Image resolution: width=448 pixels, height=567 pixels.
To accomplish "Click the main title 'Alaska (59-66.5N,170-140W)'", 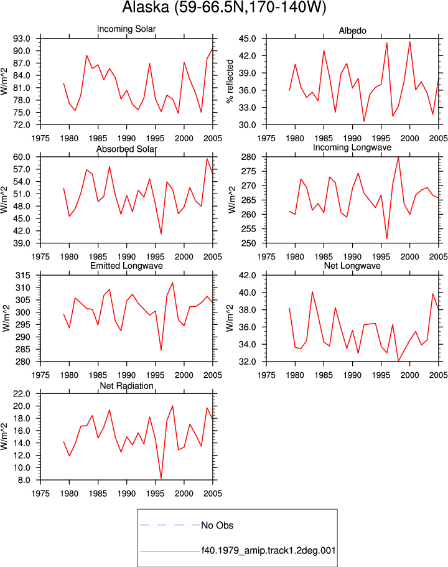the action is point(224,7).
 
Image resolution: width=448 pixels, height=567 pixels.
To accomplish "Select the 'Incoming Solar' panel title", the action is point(126,29).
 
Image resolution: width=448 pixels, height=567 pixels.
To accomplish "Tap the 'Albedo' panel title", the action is point(352,30).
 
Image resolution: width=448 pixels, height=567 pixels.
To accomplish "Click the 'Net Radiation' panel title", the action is point(126,386).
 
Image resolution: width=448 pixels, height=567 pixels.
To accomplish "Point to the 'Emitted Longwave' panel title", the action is point(126,266).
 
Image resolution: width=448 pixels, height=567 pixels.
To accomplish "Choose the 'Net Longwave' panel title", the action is point(352,266).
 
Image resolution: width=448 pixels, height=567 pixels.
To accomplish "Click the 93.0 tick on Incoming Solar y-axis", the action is point(22,39).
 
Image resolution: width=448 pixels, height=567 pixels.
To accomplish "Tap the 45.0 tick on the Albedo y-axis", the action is point(247,39).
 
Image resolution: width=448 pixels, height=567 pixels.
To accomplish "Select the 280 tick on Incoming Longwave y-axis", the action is point(249,157).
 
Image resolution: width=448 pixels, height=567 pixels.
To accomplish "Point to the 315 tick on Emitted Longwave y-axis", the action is point(23,276).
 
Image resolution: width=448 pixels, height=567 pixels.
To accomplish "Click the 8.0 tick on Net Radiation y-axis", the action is point(24,480).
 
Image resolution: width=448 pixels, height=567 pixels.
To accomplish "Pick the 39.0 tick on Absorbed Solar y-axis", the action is point(22,243).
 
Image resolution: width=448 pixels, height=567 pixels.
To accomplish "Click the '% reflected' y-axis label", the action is point(230,82).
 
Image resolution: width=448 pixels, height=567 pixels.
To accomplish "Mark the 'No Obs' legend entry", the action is point(217,525).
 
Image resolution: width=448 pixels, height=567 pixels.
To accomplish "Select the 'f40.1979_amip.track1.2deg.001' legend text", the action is point(268,551).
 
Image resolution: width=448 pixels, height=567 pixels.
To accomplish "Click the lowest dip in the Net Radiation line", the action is point(161,479).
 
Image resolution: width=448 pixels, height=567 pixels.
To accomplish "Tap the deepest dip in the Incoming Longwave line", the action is point(387,238).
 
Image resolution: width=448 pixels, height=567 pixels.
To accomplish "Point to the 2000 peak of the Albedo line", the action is point(409,42).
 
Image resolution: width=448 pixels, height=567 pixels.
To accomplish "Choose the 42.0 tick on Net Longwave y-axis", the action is point(247,276).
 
